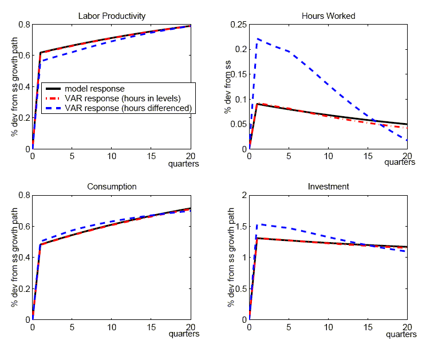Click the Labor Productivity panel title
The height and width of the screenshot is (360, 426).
click(x=112, y=16)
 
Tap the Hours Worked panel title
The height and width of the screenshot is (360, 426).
click(x=329, y=16)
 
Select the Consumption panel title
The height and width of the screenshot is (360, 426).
click(x=112, y=187)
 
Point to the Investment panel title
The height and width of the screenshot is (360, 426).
click(x=329, y=187)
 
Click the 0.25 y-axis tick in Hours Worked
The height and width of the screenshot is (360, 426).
click(x=239, y=25)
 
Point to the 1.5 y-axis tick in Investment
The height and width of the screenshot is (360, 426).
click(x=242, y=227)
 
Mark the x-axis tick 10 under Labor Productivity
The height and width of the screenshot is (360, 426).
click(x=111, y=156)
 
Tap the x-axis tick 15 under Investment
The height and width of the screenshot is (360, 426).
click(x=368, y=327)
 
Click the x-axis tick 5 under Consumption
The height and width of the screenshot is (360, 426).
click(x=72, y=327)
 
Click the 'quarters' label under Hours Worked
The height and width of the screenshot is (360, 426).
click(x=400, y=163)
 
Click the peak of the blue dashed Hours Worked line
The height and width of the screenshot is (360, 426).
click(x=258, y=39)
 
